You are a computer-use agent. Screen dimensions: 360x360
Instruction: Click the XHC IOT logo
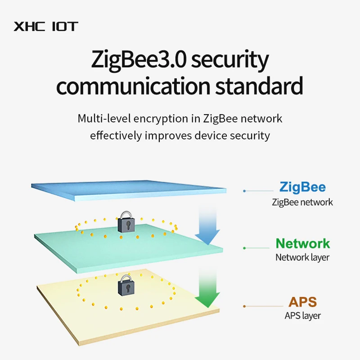45,26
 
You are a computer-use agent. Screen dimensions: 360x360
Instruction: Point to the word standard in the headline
258,86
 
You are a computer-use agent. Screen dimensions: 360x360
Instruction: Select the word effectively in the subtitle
116,135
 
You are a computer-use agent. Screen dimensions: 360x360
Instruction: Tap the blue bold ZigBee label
302,187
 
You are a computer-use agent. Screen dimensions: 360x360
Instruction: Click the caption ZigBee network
302,202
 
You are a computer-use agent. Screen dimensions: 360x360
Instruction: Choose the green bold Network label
302,243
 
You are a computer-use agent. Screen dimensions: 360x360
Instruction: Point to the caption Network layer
302,258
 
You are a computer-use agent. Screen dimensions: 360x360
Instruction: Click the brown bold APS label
302,301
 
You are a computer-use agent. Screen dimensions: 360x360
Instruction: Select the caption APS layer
302,316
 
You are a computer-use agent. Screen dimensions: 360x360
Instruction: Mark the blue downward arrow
207,225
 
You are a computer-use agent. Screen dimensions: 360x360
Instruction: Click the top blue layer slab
128,189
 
